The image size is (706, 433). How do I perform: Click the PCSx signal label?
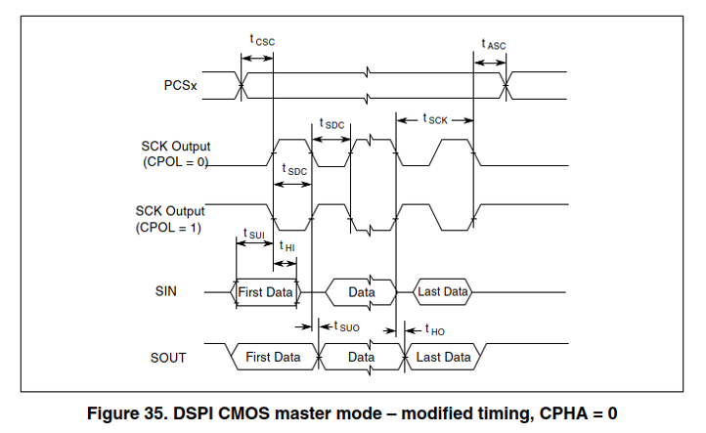(180, 86)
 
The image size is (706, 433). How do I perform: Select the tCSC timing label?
(261, 41)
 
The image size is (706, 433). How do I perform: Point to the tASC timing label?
(493, 44)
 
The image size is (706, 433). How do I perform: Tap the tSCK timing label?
(435, 119)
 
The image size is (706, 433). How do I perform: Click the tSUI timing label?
(253, 234)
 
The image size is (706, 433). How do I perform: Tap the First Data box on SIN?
(266, 292)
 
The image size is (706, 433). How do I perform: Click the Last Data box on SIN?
(443, 292)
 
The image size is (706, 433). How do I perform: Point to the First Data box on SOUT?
(273, 357)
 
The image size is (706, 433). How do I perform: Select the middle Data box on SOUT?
(362, 357)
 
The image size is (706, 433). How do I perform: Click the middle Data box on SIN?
(362, 292)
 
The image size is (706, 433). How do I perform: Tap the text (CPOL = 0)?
(174, 162)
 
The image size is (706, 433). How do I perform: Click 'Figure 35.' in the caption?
(122, 411)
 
